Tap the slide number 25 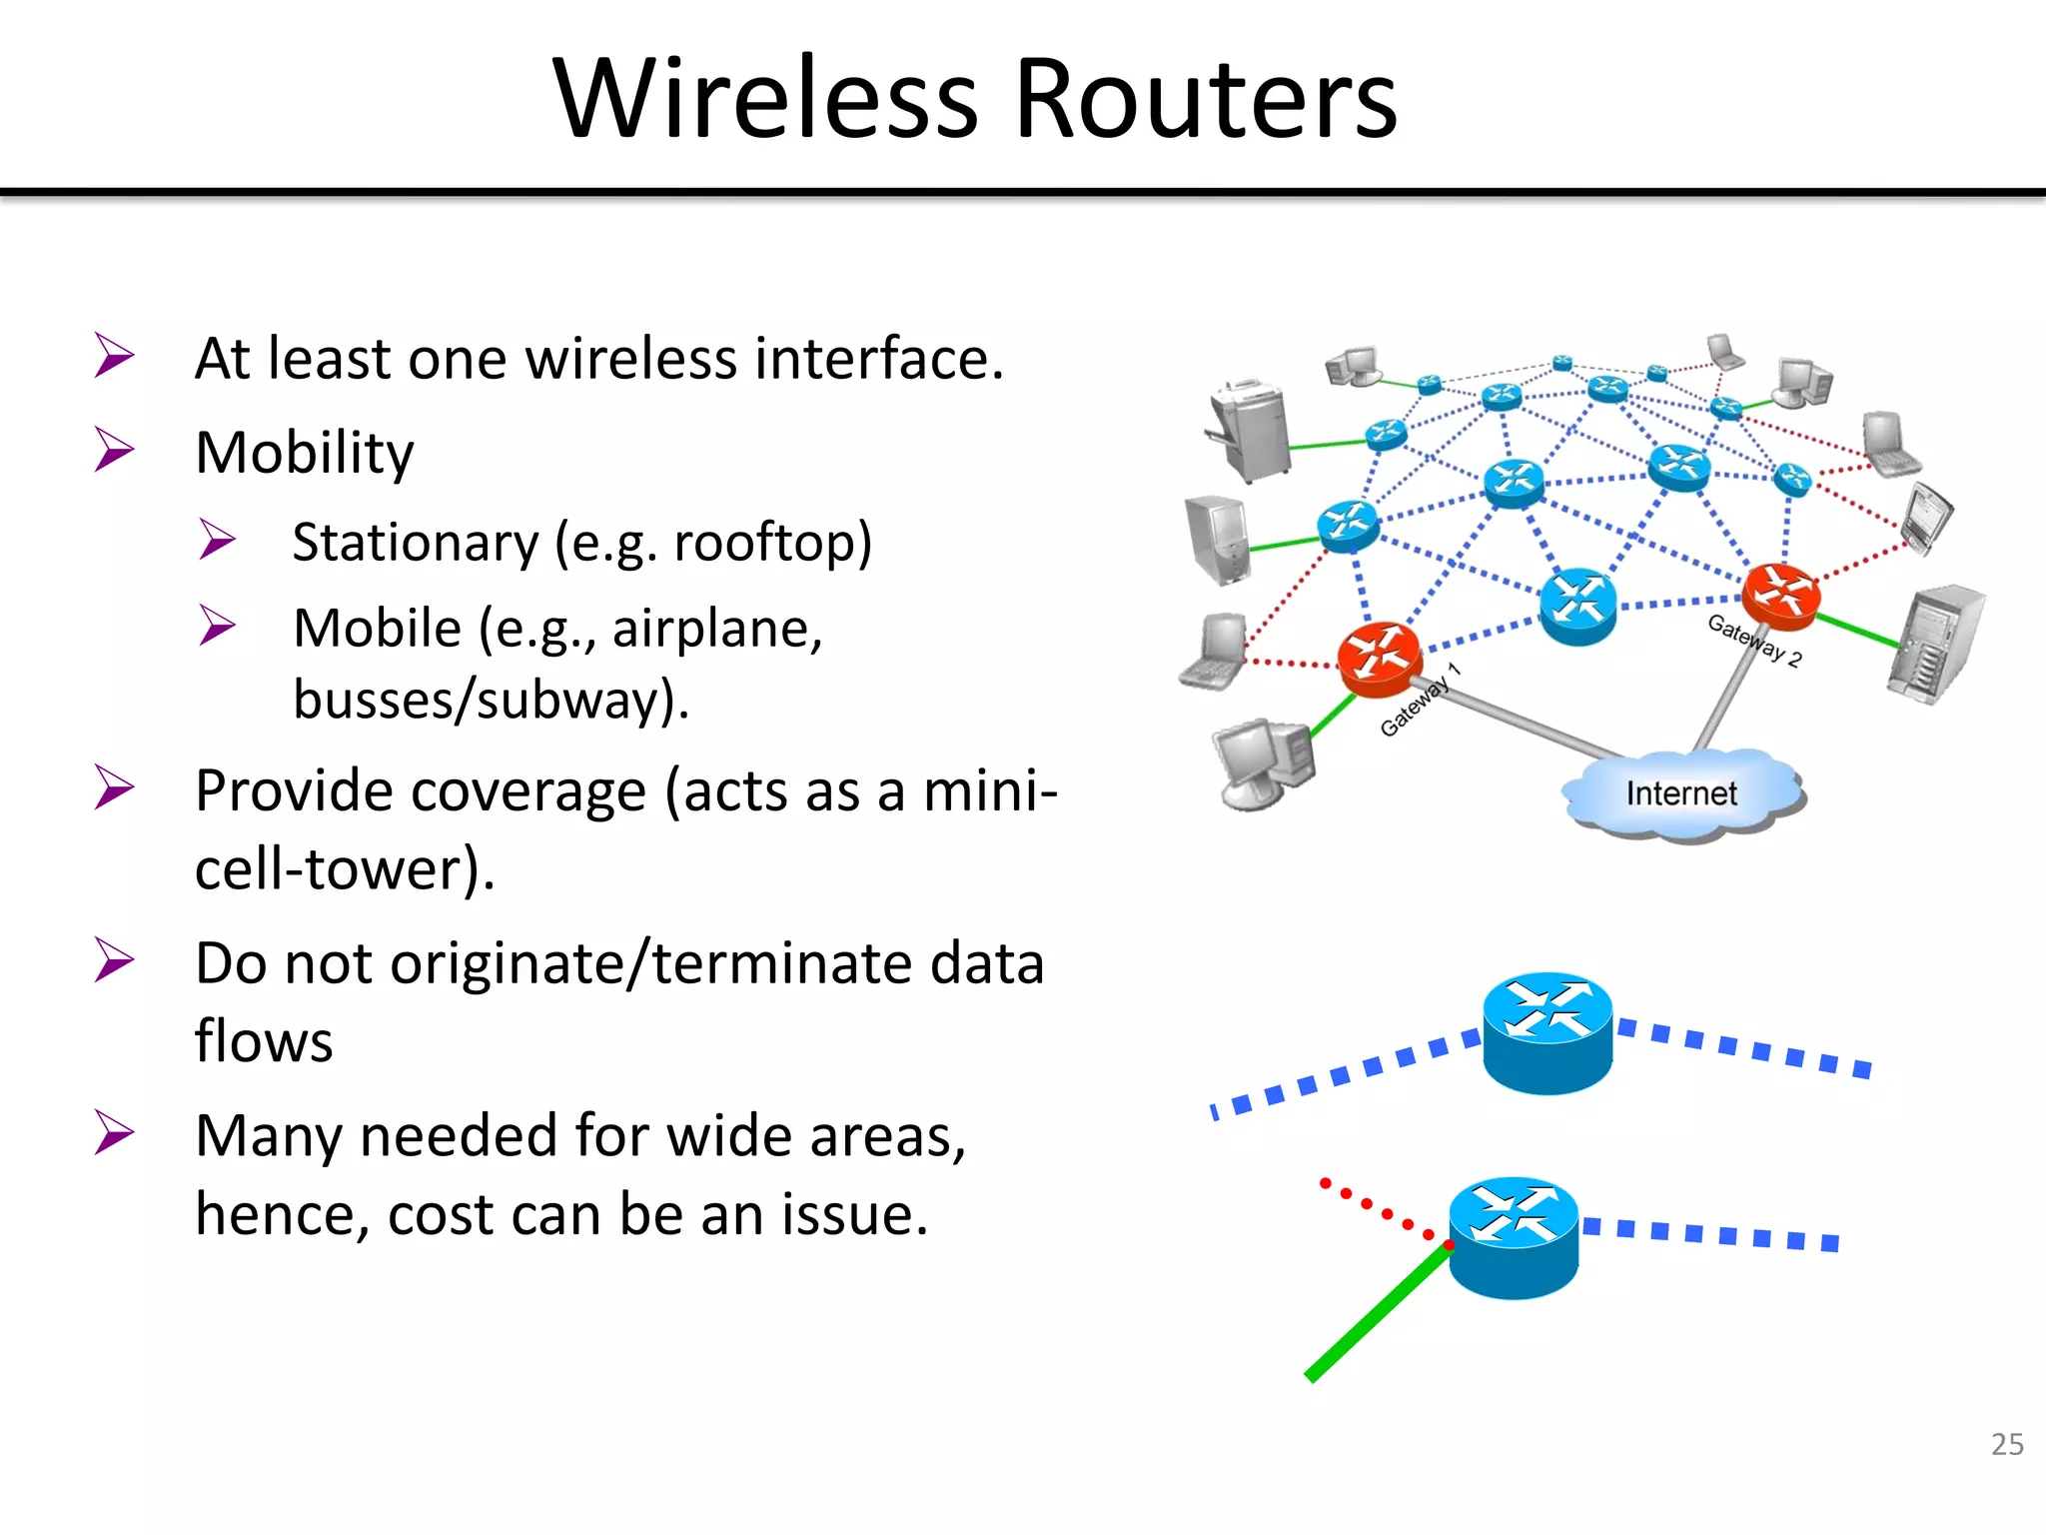click(2007, 1444)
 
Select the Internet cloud click(1681, 793)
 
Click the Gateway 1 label click(1419, 701)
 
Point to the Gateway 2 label click(1753, 641)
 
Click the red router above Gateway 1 click(1380, 657)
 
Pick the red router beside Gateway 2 click(1780, 596)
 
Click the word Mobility click(305, 453)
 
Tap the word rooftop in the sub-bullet click(763, 543)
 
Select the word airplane click(715, 629)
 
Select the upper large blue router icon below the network click(1546, 1032)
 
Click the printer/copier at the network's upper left click(1249, 430)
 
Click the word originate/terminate click(651, 963)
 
